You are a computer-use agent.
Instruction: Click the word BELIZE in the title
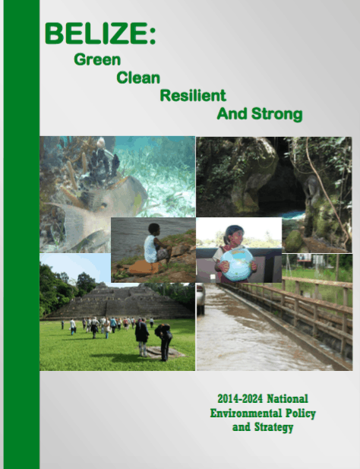97,33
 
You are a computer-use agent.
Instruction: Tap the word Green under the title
97,59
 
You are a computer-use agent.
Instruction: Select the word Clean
138,78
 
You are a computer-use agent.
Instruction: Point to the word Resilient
193,96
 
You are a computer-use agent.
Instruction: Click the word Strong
277,115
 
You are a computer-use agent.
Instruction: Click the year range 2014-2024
240,399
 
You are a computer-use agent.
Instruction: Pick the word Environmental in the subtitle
246,413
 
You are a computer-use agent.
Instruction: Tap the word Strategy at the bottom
273,427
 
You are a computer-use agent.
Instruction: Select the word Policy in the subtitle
301,414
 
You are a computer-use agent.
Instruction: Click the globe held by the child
237,264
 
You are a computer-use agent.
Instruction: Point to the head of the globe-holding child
234,235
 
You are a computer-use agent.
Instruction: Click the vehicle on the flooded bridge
201,299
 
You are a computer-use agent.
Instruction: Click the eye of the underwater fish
103,205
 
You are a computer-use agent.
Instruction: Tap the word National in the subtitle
287,399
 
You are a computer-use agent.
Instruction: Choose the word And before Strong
232,114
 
